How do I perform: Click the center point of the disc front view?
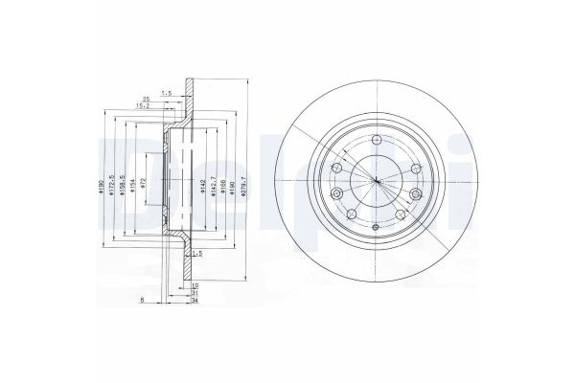[x=377, y=183]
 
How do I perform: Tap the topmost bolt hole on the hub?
[x=377, y=142]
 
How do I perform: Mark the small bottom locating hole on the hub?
[x=377, y=227]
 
